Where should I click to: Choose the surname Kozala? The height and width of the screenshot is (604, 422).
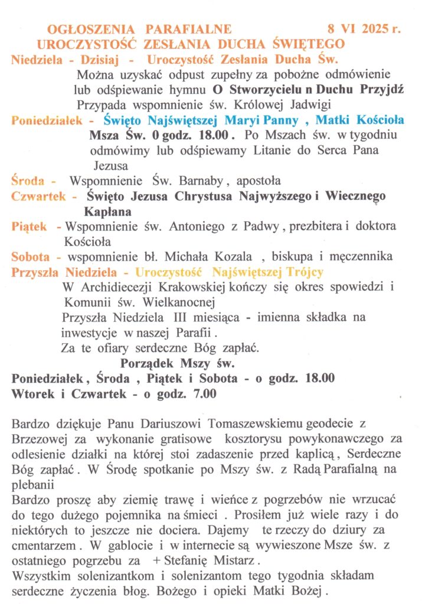tap(228, 257)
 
